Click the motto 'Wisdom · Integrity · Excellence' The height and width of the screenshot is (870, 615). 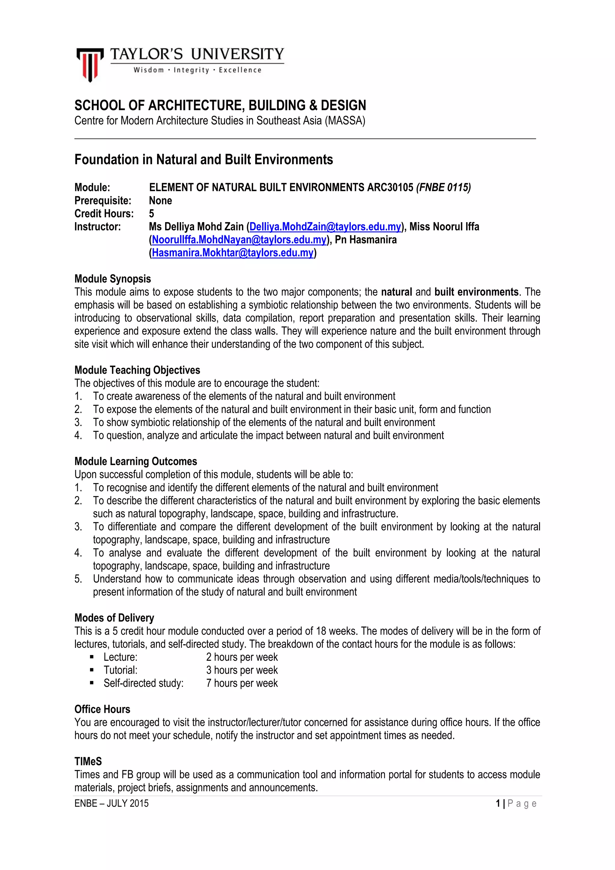pos(197,70)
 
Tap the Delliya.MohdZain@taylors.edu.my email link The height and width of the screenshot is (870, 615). pos(325,227)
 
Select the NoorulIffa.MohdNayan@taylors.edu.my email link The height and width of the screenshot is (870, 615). pos(239,240)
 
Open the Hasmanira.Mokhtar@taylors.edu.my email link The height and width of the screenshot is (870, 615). pos(233,253)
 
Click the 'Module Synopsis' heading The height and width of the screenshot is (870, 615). pos(113,279)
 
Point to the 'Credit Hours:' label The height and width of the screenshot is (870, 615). pos(104,214)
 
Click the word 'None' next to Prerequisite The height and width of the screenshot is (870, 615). pos(160,201)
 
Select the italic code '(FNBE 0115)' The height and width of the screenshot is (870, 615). pos(443,188)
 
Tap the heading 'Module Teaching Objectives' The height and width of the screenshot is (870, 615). pos(137,370)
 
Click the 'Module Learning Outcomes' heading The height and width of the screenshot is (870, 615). pos(136,461)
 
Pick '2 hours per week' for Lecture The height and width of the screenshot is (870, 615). pos(242,657)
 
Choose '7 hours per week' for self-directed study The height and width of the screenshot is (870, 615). pos(242,683)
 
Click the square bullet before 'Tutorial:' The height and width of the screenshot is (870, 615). pos(92,670)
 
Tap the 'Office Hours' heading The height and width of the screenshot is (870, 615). pos(102,709)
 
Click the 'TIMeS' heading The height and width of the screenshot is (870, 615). pos(88,761)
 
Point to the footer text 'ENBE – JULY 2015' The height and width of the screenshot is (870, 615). pos(111,803)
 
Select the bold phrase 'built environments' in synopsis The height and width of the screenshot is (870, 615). pos(476,292)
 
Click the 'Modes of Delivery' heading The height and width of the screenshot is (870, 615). pos(114,618)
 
